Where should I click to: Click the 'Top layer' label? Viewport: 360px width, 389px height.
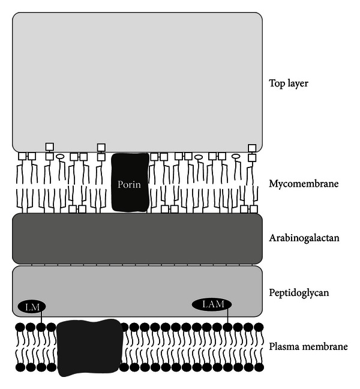(x=289, y=83)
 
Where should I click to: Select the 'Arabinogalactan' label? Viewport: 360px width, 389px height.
(x=305, y=238)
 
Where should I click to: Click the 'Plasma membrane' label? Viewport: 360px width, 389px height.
(x=308, y=347)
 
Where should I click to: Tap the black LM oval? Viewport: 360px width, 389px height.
(x=32, y=307)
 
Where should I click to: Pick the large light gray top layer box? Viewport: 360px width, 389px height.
(x=137, y=81)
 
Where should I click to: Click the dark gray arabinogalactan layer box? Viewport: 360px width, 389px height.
(x=137, y=238)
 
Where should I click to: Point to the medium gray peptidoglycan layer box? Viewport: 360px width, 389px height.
(x=137, y=288)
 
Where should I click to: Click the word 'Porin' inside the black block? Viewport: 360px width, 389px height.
(x=130, y=184)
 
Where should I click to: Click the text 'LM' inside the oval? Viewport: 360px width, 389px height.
(x=32, y=307)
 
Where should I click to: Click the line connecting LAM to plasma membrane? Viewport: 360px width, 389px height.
(x=229, y=317)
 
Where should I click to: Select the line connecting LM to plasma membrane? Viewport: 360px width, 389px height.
(x=41, y=318)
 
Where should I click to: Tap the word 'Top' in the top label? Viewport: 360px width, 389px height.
(x=277, y=83)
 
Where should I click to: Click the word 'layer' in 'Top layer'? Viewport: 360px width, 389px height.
(x=298, y=83)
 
